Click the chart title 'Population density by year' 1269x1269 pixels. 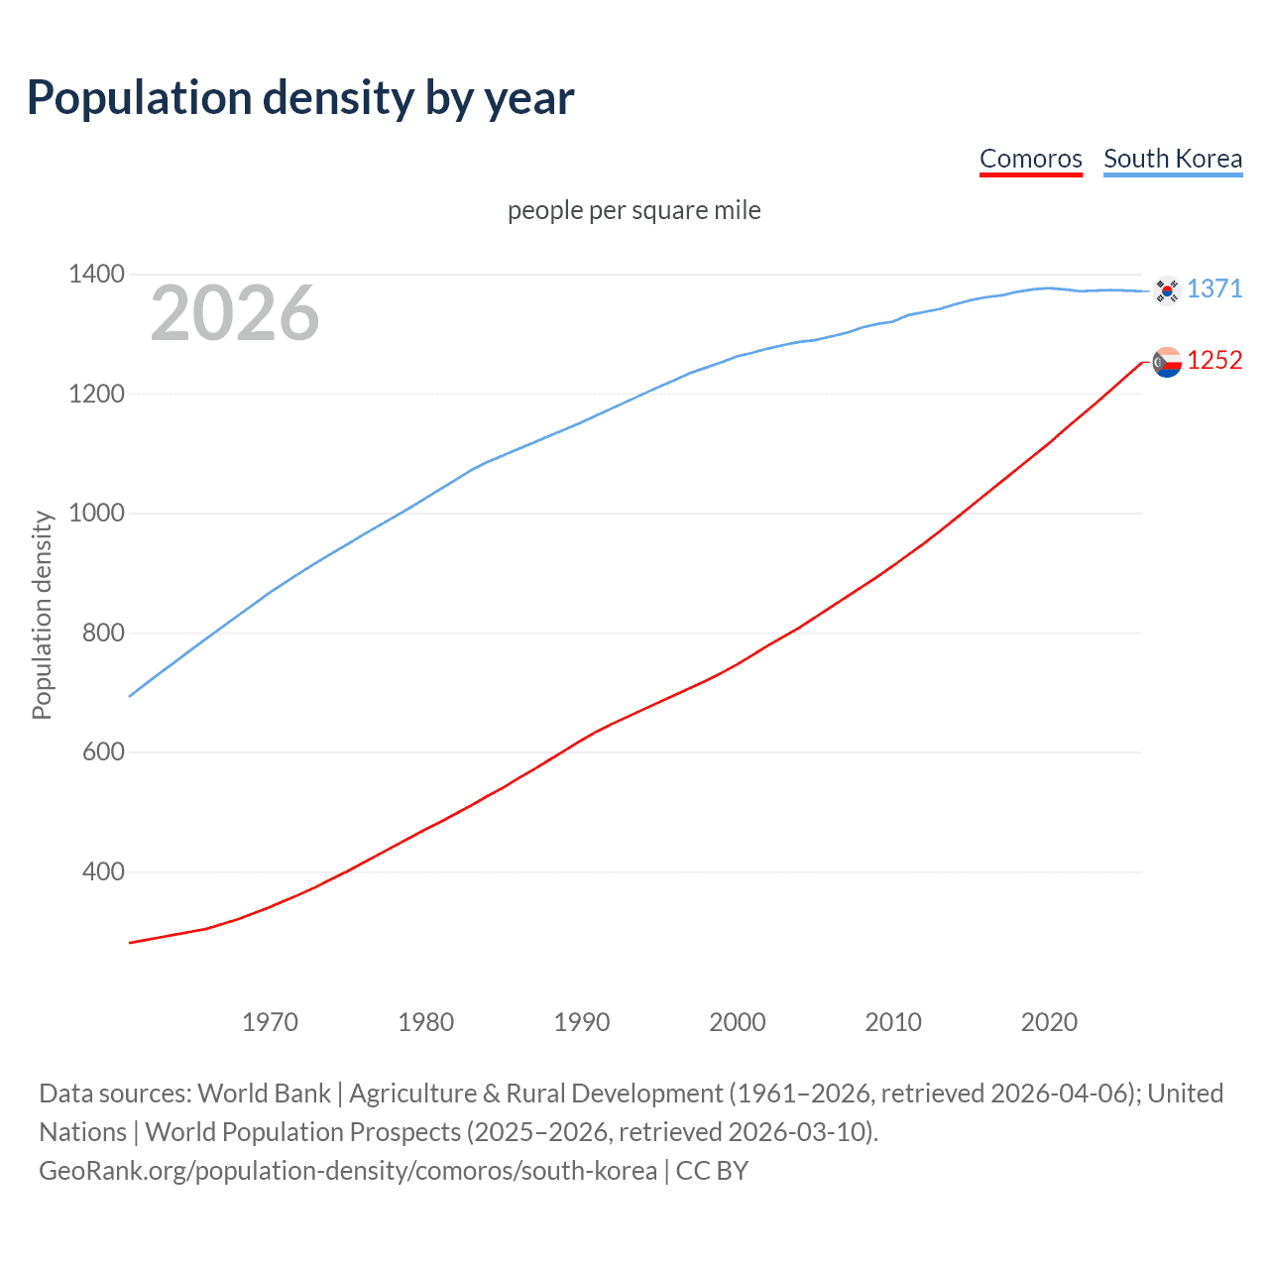300,98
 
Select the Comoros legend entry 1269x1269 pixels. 1030,159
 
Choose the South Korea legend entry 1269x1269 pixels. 1172,159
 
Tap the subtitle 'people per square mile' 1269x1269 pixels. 634,210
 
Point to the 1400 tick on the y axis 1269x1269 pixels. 96,274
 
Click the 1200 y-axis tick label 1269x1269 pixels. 96,394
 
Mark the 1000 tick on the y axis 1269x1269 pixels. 96,513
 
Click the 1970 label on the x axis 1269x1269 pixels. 270,1022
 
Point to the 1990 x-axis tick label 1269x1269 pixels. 582,1022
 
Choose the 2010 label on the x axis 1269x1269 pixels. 893,1022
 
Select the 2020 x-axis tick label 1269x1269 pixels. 1049,1022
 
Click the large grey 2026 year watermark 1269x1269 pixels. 235,313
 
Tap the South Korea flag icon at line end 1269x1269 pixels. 1167,290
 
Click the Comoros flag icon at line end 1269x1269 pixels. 1167,363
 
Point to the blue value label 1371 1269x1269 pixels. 1214,288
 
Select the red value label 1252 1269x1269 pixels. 1214,360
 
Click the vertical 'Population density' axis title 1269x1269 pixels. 42,615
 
